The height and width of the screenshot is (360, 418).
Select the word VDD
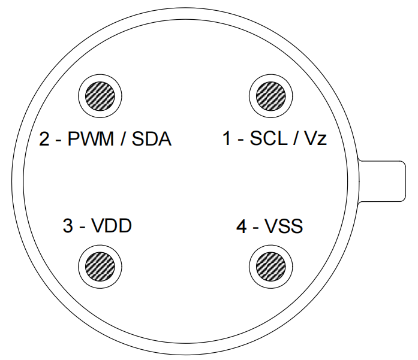click(112, 226)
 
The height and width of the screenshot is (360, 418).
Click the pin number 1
click(227, 140)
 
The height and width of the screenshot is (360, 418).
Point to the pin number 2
click(44, 140)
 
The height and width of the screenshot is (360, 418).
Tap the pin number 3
click(68, 226)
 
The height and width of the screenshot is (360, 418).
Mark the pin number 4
click(241, 226)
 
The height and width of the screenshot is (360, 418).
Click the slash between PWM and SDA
click(123, 140)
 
